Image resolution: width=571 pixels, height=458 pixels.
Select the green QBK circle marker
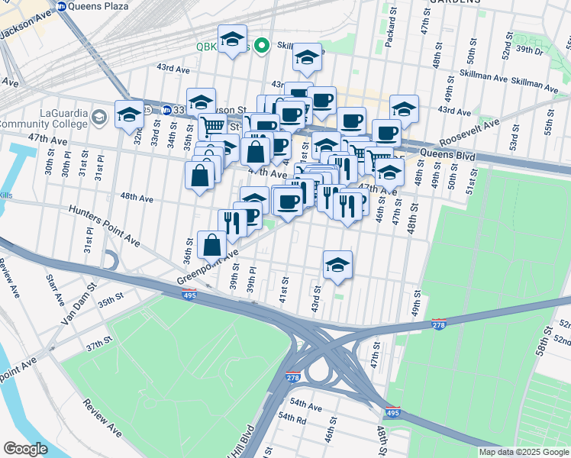click(261, 46)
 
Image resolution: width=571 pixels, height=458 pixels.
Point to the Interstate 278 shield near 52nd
click(439, 324)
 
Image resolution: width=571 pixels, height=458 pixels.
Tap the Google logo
click(25, 449)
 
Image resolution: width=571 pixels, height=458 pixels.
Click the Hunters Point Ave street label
click(104, 226)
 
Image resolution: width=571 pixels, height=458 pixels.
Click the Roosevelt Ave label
click(472, 133)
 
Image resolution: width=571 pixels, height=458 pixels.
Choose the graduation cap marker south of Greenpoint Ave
click(337, 265)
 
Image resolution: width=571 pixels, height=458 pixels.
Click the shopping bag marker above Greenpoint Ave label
click(213, 245)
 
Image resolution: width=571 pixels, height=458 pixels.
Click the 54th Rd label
click(292, 418)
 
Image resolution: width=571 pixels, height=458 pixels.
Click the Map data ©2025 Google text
click(523, 452)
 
